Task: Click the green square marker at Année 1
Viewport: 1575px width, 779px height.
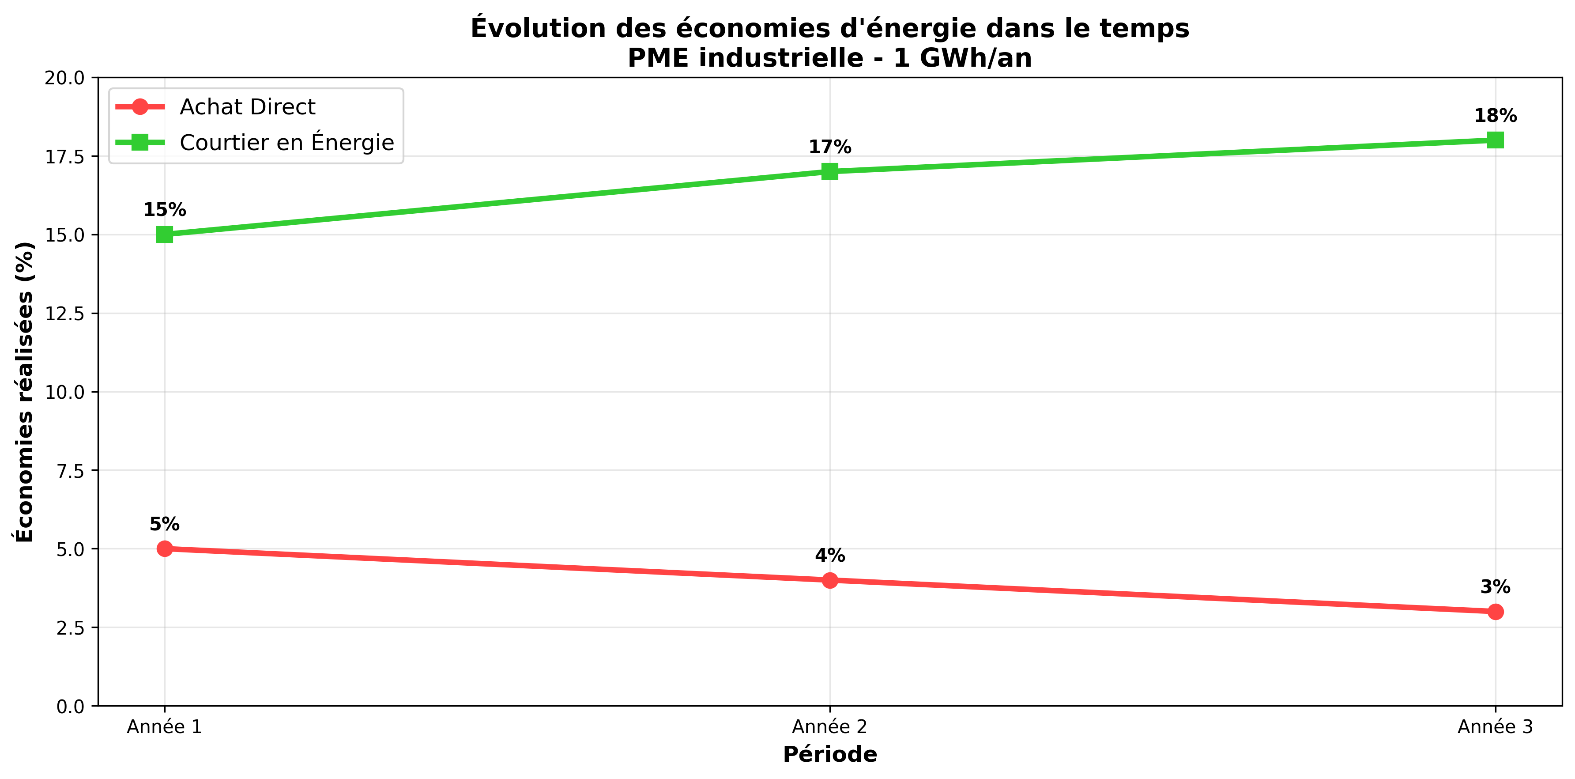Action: (165, 235)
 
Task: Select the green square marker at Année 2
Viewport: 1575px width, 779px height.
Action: (830, 171)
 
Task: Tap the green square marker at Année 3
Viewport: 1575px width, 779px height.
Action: (1495, 140)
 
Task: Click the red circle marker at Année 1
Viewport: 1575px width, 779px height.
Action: (165, 548)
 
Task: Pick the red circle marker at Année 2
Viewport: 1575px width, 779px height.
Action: (830, 580)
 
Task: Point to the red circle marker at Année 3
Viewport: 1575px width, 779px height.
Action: (1495, 612)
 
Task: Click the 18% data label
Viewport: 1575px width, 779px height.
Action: (1495, 116)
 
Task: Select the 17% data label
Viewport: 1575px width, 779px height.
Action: (830, 147)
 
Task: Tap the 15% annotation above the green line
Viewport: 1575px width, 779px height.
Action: (165, 210)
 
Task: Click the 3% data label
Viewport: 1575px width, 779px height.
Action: (1495, 587)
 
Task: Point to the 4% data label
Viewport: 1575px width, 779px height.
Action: (830, 555)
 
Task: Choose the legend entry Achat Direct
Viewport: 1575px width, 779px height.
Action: (247, 107)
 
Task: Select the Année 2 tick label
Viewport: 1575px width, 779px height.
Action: (830, 727)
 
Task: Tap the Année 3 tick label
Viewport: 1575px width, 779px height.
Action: (1495, 727)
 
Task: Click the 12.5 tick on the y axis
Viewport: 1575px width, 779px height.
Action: (64, 314)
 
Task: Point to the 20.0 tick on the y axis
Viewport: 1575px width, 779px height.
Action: (64, 78)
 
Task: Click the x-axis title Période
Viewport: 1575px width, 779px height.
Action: (830, 755)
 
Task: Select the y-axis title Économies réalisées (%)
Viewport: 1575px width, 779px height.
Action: (24, 391)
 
